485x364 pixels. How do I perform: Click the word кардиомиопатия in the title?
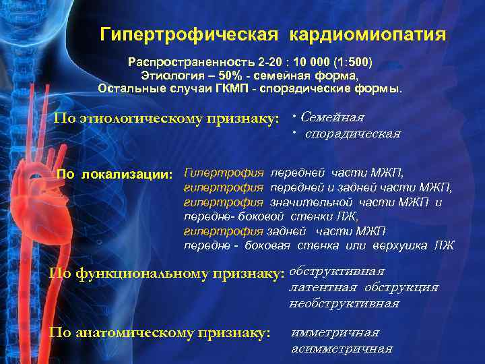click(368, 34)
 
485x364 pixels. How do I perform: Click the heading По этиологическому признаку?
click(166, 119)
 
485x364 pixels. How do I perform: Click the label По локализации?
click(116, 175)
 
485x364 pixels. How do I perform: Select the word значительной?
click(312, 202)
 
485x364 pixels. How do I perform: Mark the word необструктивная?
click(344, 303)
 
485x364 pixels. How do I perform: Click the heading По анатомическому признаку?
click(160, 332)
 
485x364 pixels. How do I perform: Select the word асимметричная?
click(342, 348)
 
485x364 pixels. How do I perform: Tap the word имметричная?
click(335, 332)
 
